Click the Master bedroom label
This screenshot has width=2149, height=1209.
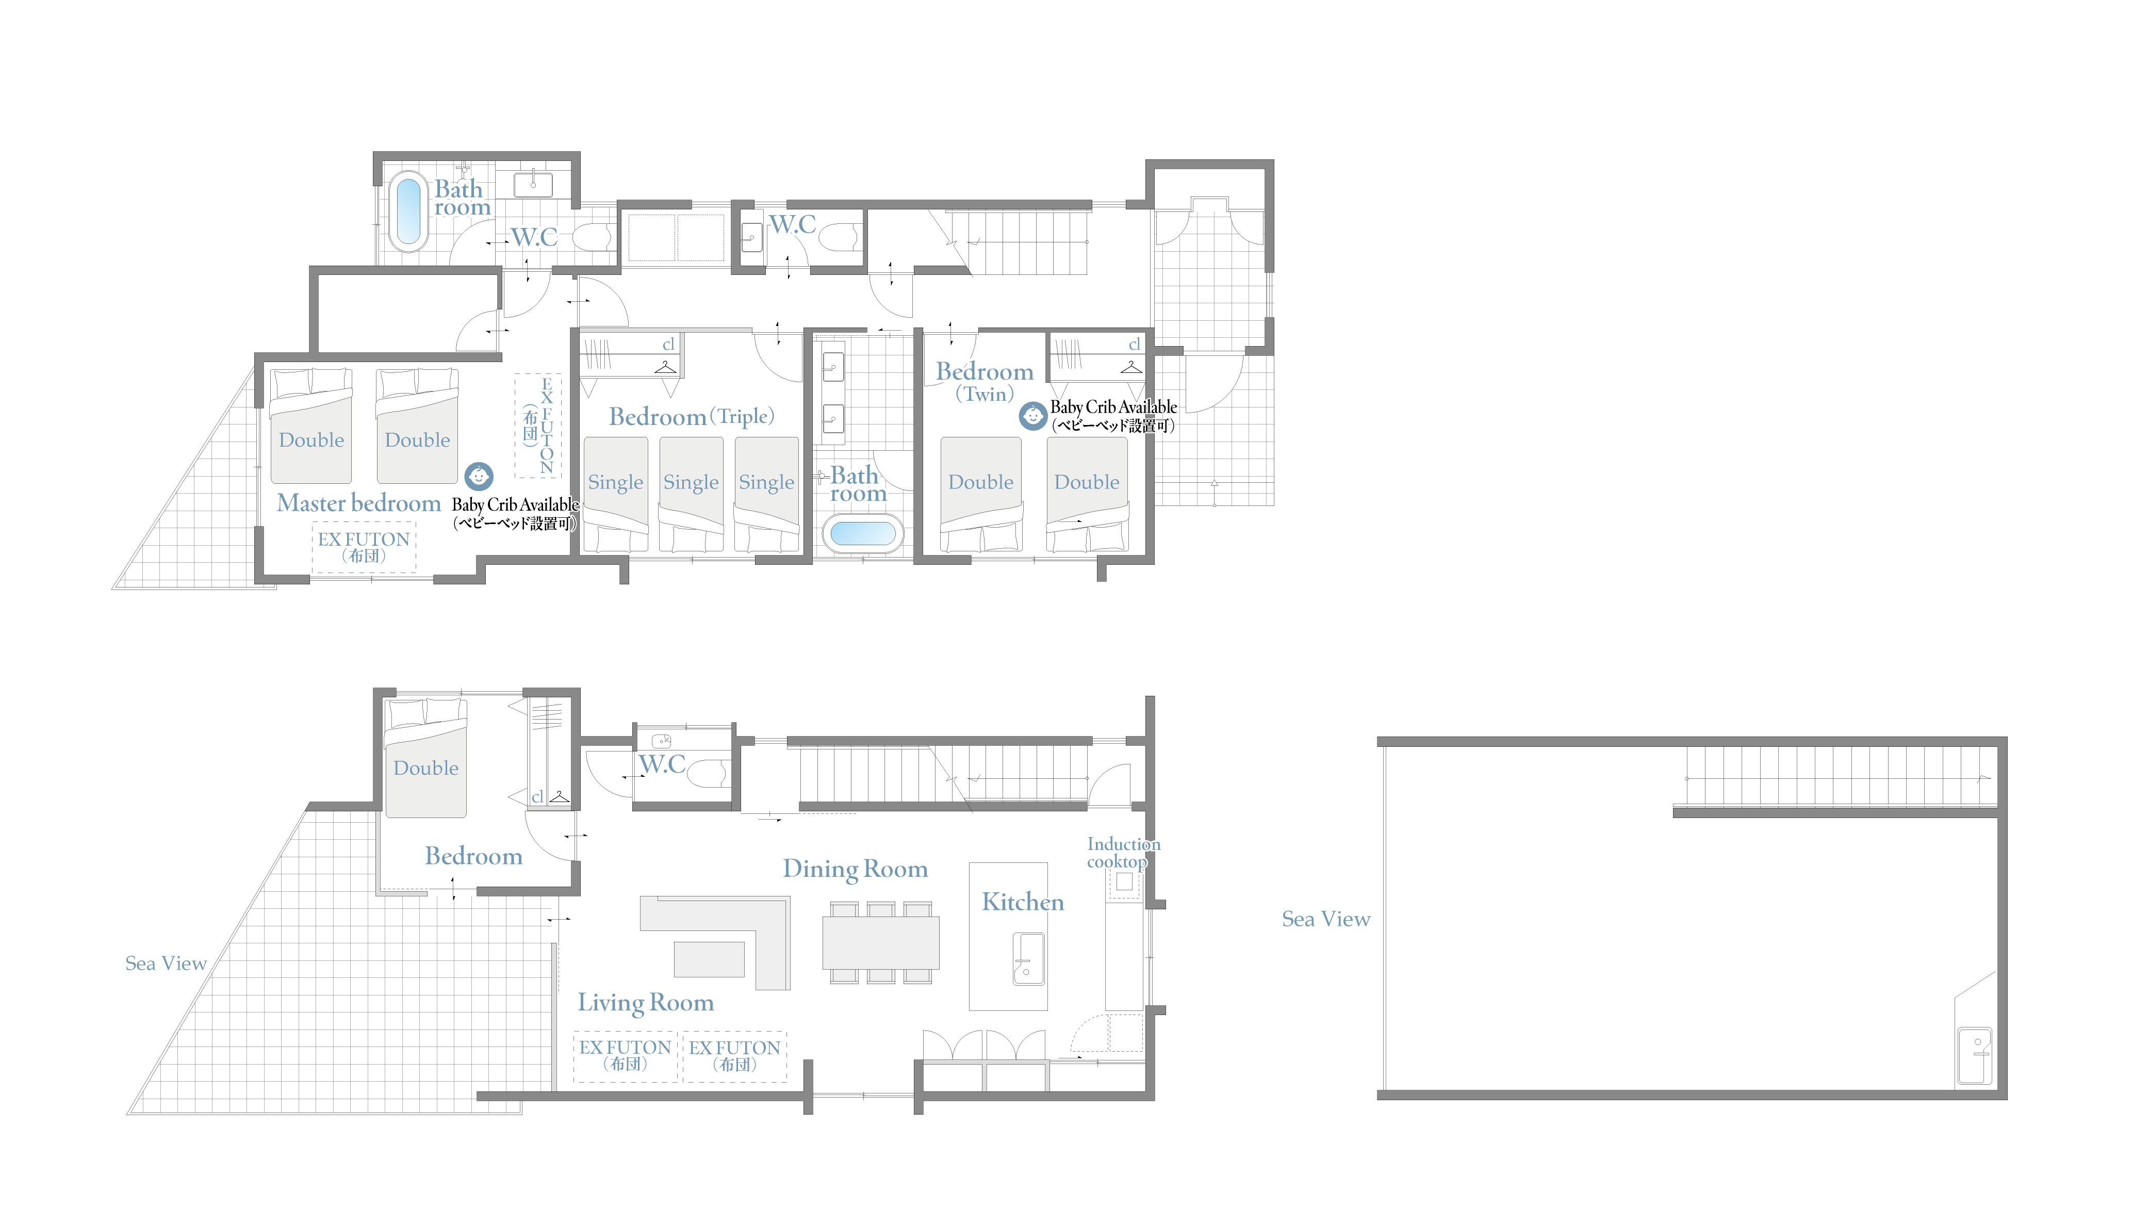[359, 503]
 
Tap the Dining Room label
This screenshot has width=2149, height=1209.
[855, 869]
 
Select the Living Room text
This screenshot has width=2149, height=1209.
[646, 1002]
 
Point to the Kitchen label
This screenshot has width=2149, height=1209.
[1023, 902]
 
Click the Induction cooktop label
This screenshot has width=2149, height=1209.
[1123, 853]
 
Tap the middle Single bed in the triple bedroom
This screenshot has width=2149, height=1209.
[691, 494]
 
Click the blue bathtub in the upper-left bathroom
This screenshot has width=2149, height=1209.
[409, 212]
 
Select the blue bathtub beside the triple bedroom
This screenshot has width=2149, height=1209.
[863, 533]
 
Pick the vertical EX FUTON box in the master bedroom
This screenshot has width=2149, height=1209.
[538, 426]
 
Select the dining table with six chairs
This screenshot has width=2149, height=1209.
[881, 942]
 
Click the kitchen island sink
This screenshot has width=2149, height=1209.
[1029, 959]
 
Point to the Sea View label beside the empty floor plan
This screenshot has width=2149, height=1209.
[1325, 920]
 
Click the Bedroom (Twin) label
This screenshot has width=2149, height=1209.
[985, 381]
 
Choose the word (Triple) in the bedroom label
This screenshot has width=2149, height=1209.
[742, 416]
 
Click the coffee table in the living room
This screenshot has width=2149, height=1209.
[709, 959]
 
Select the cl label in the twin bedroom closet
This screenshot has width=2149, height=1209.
[1134, 345]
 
